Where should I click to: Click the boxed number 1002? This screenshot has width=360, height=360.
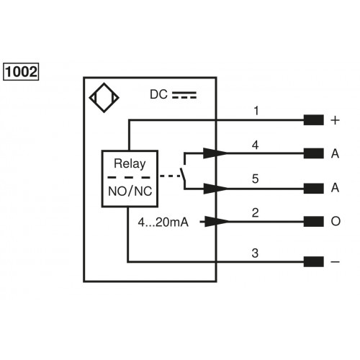pyautogui.click(x=22, y=72)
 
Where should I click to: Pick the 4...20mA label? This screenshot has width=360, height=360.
pyautogui.click(x=163, y=222)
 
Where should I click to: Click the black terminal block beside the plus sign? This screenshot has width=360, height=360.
pyautogui.click(x=313, y=120)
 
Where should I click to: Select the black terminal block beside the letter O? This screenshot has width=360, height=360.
pyautogui.click(x=313, y=221)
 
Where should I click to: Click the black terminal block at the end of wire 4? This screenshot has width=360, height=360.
pyautogui.click(x=313, y=153)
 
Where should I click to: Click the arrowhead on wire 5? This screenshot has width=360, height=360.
pyautogui.click(x=213, y=188)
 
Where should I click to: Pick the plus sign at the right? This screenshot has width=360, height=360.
pyautogui.click(x=335, y=120)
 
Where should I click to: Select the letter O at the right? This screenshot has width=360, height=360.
pyautogui.click(x=335, y=221)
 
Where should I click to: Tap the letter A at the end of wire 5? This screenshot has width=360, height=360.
pyautogui.click(x=335, y=188)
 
